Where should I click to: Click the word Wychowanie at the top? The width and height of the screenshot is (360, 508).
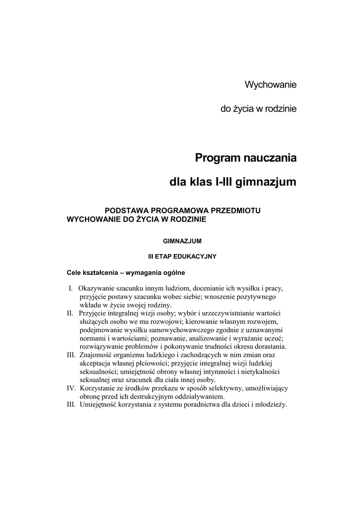(270, 85)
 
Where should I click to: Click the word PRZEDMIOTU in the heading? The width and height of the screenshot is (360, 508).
(237, 210)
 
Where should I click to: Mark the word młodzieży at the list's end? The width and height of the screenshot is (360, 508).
(271, 405)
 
